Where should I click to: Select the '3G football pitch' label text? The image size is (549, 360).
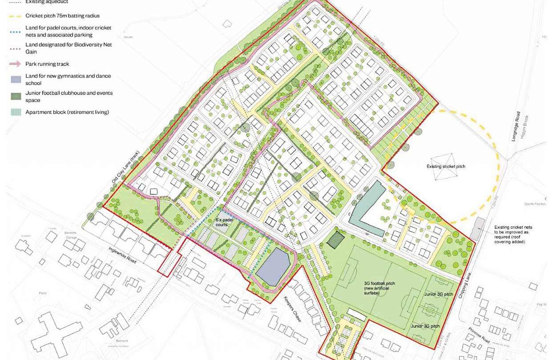coord(379,287)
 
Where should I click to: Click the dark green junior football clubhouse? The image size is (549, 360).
coord(334,240)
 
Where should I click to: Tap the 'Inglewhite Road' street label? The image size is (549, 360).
coord(121,257)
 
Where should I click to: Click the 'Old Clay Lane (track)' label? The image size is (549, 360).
coord(123,171)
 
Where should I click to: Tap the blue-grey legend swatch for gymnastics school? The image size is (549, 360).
coord(16,79)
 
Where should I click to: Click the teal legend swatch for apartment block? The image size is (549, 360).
coord(16,112)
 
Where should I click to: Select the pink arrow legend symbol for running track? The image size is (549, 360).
coord(16,64)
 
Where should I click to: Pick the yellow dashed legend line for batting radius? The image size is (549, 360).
coord(16,16)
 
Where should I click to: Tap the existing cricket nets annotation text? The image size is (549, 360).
coord(513,235)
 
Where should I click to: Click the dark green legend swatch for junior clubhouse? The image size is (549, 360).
coord(16,96)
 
